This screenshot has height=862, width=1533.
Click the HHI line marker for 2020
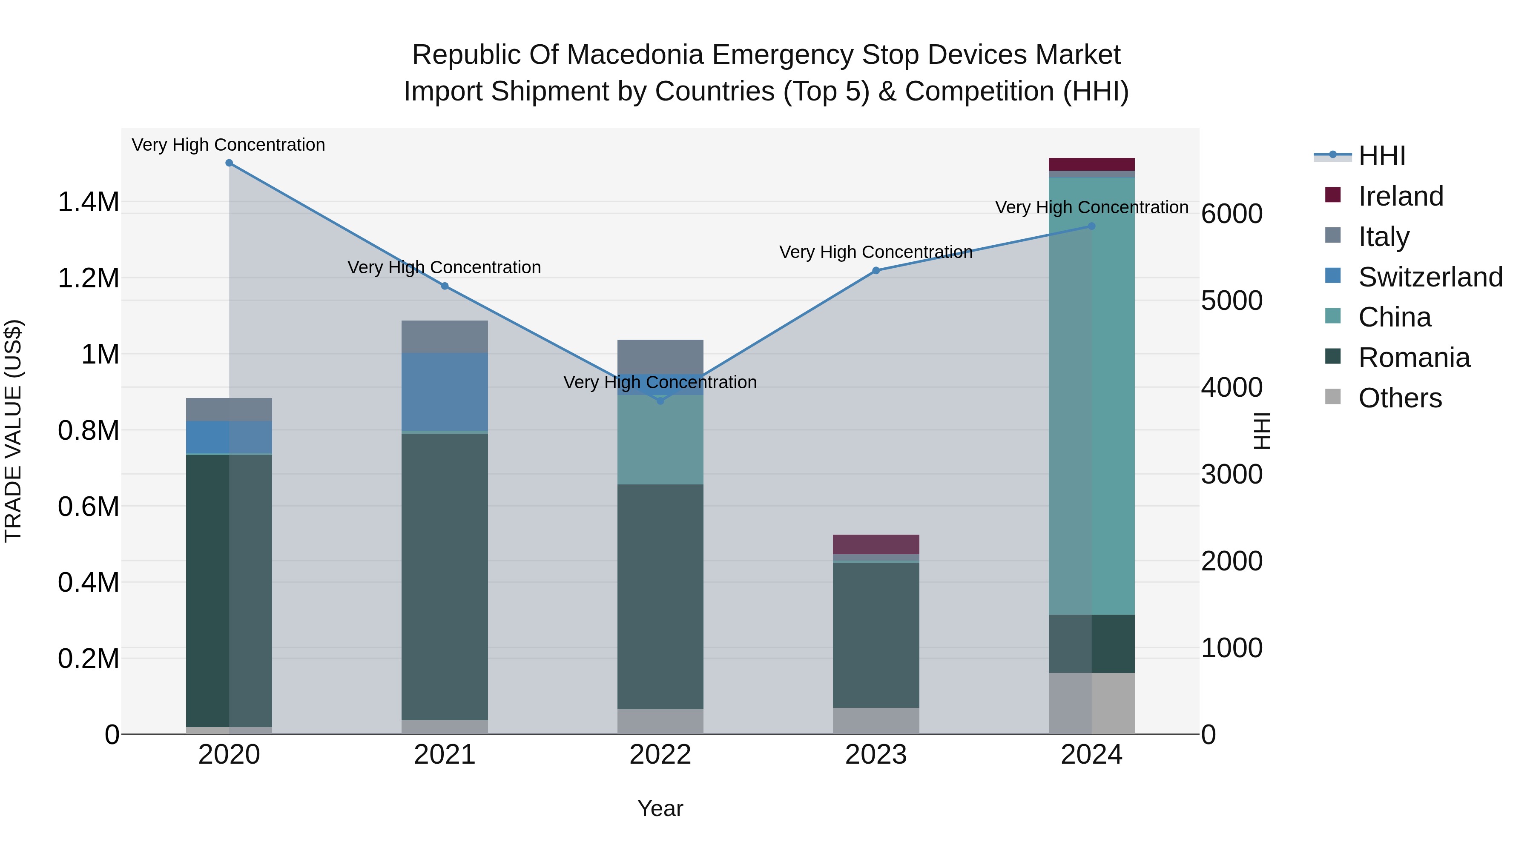[229, 163]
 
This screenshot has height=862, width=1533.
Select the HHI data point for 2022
[660, 401]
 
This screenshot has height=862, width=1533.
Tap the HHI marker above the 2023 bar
[876, 271]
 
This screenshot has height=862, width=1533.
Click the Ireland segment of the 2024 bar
[1091, 164]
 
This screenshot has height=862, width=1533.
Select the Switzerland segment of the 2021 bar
[445, 392]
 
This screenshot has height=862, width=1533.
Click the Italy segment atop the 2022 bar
[660, 356]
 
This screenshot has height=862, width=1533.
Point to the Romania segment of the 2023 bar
[876, 635]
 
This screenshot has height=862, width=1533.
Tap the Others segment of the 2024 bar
[1091, 703]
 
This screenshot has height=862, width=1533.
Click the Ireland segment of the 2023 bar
[876, 544]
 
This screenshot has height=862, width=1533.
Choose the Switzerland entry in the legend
[1430, 277]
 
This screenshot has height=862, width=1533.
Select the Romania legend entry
[1414, 358]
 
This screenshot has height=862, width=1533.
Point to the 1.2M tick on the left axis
[88, 278]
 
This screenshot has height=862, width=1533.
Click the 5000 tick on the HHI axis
[1231, 301]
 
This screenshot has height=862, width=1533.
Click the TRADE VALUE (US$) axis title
[13, 431]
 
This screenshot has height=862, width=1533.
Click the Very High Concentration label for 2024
[1091, 208]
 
